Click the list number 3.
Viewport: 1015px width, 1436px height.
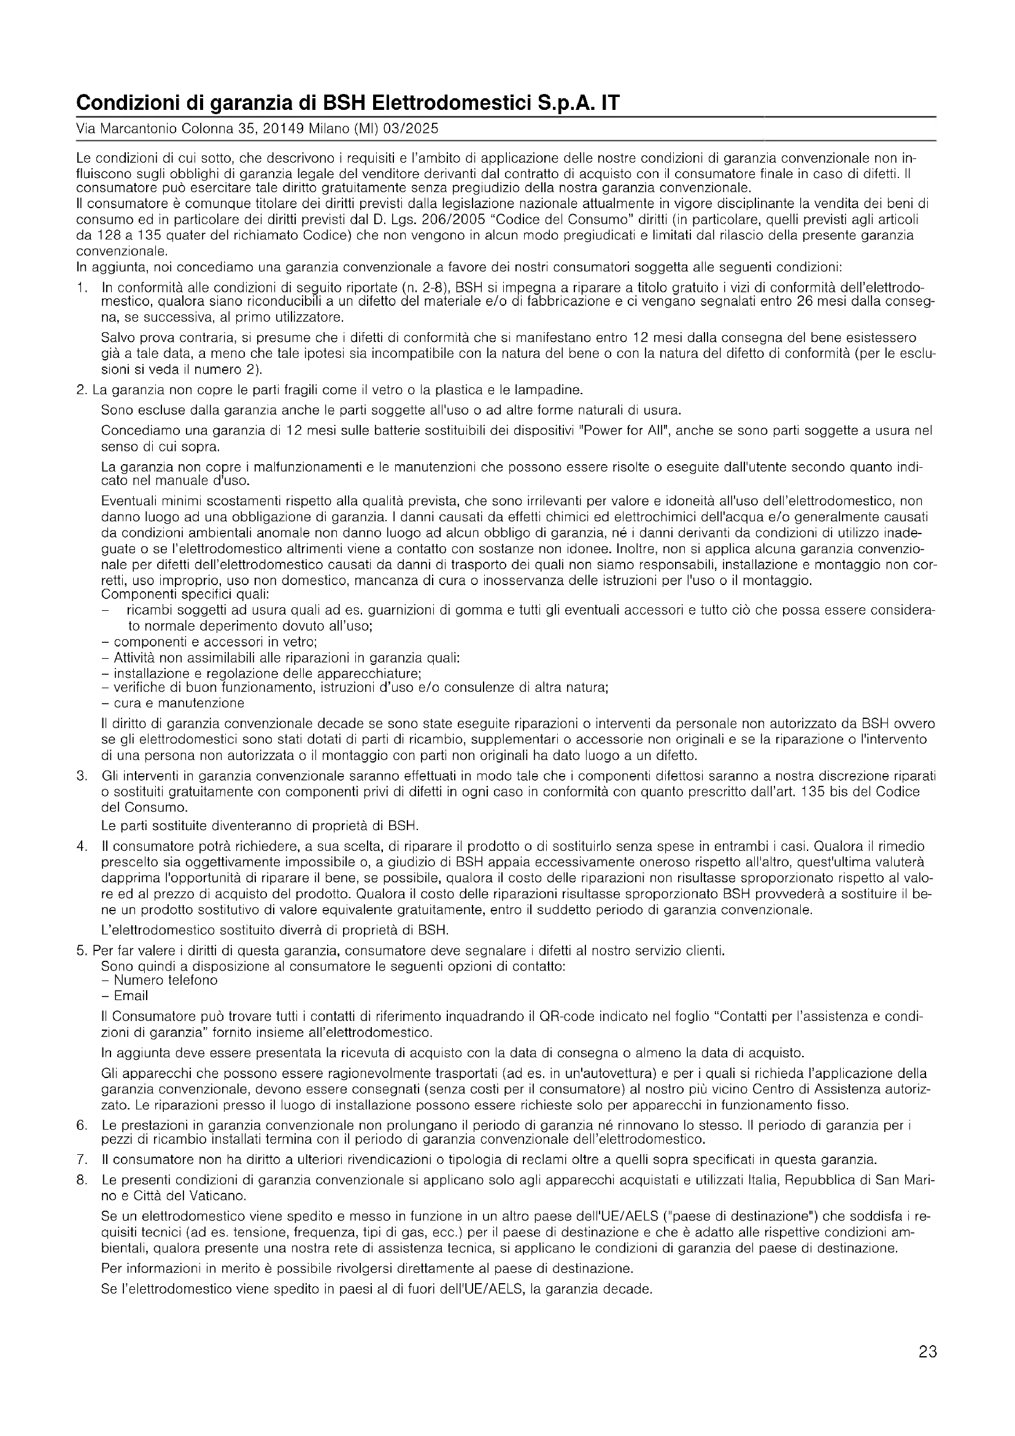click(x=81, y=776)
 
